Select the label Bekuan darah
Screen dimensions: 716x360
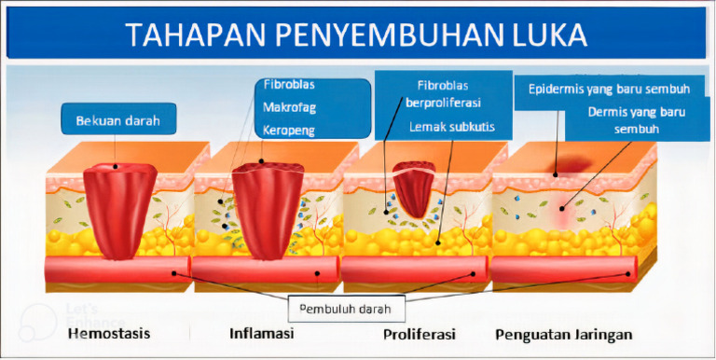click(x=117, y=121)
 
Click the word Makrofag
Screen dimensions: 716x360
click(x=289, y=108)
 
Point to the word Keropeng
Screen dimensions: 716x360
click(x=289, y=132)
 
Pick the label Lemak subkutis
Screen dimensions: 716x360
click(x=451, y=127)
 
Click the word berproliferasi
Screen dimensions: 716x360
click(x=443, y=103)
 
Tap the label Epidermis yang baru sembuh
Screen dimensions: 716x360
click(x=609, y=90)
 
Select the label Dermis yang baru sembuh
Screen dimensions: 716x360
click(x=637, y=120)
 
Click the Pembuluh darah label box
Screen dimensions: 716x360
click(x=347, y=309)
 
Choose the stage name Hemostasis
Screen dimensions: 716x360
click(x=109, y=333)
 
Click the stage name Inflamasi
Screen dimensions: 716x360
click(x=261, y=333)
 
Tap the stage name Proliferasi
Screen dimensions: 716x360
click(x=419, y=334)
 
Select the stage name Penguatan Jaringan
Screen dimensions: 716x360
click(x=564, y=335)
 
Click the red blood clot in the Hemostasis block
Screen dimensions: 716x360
click(x=119, y=210)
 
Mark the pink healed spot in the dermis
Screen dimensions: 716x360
click(x=562, y=209)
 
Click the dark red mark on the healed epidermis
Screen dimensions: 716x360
click(x=571, y=165)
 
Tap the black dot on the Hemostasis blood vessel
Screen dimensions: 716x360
click(x=174, y=273)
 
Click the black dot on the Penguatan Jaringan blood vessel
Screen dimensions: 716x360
click(x=628, y=273)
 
